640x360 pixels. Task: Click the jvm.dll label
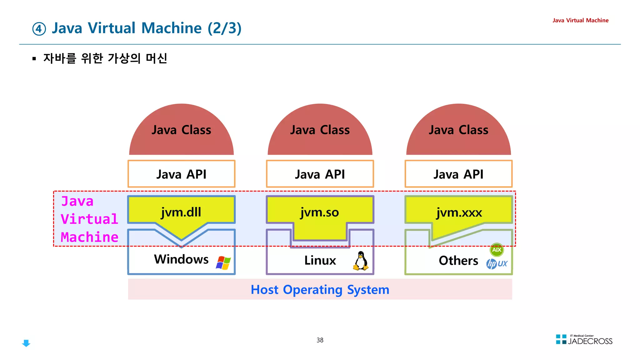point(181,212)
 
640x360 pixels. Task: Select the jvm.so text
point(319,212)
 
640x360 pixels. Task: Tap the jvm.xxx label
point(459,212)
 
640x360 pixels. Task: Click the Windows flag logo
point(223,262)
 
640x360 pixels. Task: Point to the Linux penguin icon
point(361,261)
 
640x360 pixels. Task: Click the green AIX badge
point(497,250)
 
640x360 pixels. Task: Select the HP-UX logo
point(497,264)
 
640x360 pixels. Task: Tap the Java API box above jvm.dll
point(181,174)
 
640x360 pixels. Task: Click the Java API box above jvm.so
point(320,174)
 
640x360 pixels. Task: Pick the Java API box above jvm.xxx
point(458,174)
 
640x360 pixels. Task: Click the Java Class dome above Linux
point(320,131)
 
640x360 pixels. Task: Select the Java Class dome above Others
point(458,131)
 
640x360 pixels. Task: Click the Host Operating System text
point(320,290)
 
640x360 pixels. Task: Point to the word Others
point(458,260)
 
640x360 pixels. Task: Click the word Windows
point(181,259)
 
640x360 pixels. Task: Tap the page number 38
point(320,340)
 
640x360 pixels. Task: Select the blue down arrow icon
point(26,343)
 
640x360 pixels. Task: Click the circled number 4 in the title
point(39,29)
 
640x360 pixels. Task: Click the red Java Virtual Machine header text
point(580,20)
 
